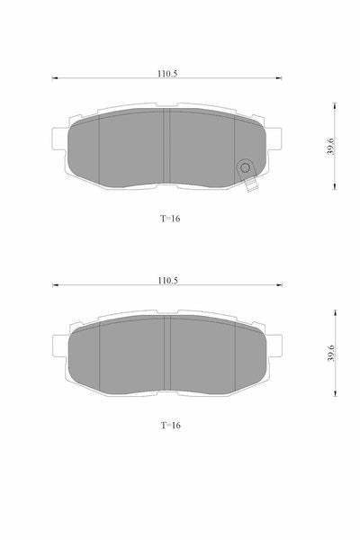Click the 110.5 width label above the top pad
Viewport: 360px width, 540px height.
(x=167, y=74)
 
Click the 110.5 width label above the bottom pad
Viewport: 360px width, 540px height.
(x=167, y=280)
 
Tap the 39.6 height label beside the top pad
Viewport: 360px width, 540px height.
(x=330, y=146)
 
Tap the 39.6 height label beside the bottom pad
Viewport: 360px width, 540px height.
(x=331, y=353)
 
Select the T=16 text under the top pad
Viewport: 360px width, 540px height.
(x=170, y=219)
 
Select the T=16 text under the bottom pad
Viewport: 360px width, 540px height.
(x=170, y=426)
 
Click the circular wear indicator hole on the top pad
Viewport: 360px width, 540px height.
(x=245, y=167)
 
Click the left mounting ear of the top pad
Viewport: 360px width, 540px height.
(x=58, y=139)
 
